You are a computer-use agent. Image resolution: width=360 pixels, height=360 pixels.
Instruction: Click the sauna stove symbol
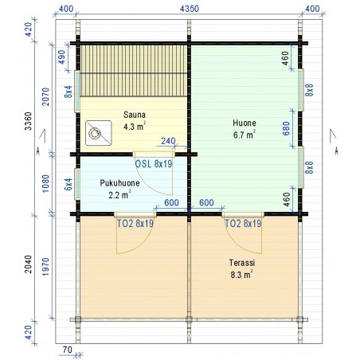(x=98, y=133)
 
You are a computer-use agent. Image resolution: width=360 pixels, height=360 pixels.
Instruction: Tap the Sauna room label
(x=135, y=115)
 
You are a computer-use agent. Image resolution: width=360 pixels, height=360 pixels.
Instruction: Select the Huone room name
(x=245, y=123)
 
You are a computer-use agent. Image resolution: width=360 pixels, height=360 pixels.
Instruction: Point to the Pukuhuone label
(x=119, y=183)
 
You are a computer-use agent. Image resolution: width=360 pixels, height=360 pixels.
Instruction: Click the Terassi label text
(x=242, y=263)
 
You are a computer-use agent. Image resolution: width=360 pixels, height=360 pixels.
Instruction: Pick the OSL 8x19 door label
(x=154, y=164)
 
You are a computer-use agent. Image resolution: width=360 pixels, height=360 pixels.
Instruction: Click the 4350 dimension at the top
(x=190, y=9)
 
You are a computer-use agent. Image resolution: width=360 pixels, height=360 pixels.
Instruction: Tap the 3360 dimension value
(x=28, y=121)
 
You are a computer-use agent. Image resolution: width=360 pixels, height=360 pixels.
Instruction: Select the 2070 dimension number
(x=46, y=96)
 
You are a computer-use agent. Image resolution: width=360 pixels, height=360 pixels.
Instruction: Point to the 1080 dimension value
(x=45, y=184)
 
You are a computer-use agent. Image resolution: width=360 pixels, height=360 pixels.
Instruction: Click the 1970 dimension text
(x=45, y=267)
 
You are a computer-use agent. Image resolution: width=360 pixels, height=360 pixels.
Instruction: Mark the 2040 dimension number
(x=28, y=264)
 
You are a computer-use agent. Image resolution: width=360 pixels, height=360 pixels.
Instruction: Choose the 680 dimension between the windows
(x=286, y=128)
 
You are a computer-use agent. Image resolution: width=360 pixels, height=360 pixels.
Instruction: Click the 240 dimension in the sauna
(x=168, y=141)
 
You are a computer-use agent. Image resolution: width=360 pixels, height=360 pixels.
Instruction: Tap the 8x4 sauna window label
(x=68, y=92)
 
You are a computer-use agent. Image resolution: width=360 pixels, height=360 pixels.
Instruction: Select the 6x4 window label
(x=68, y=184)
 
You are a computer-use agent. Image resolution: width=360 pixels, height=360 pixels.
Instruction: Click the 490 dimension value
(x=61, y=57)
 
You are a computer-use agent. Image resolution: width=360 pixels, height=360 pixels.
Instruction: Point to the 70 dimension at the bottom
(x=68, y=350)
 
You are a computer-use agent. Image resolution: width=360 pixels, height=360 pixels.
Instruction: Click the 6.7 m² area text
(x=245, y=135)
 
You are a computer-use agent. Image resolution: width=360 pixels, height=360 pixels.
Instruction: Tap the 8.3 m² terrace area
(x=241, y=274)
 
